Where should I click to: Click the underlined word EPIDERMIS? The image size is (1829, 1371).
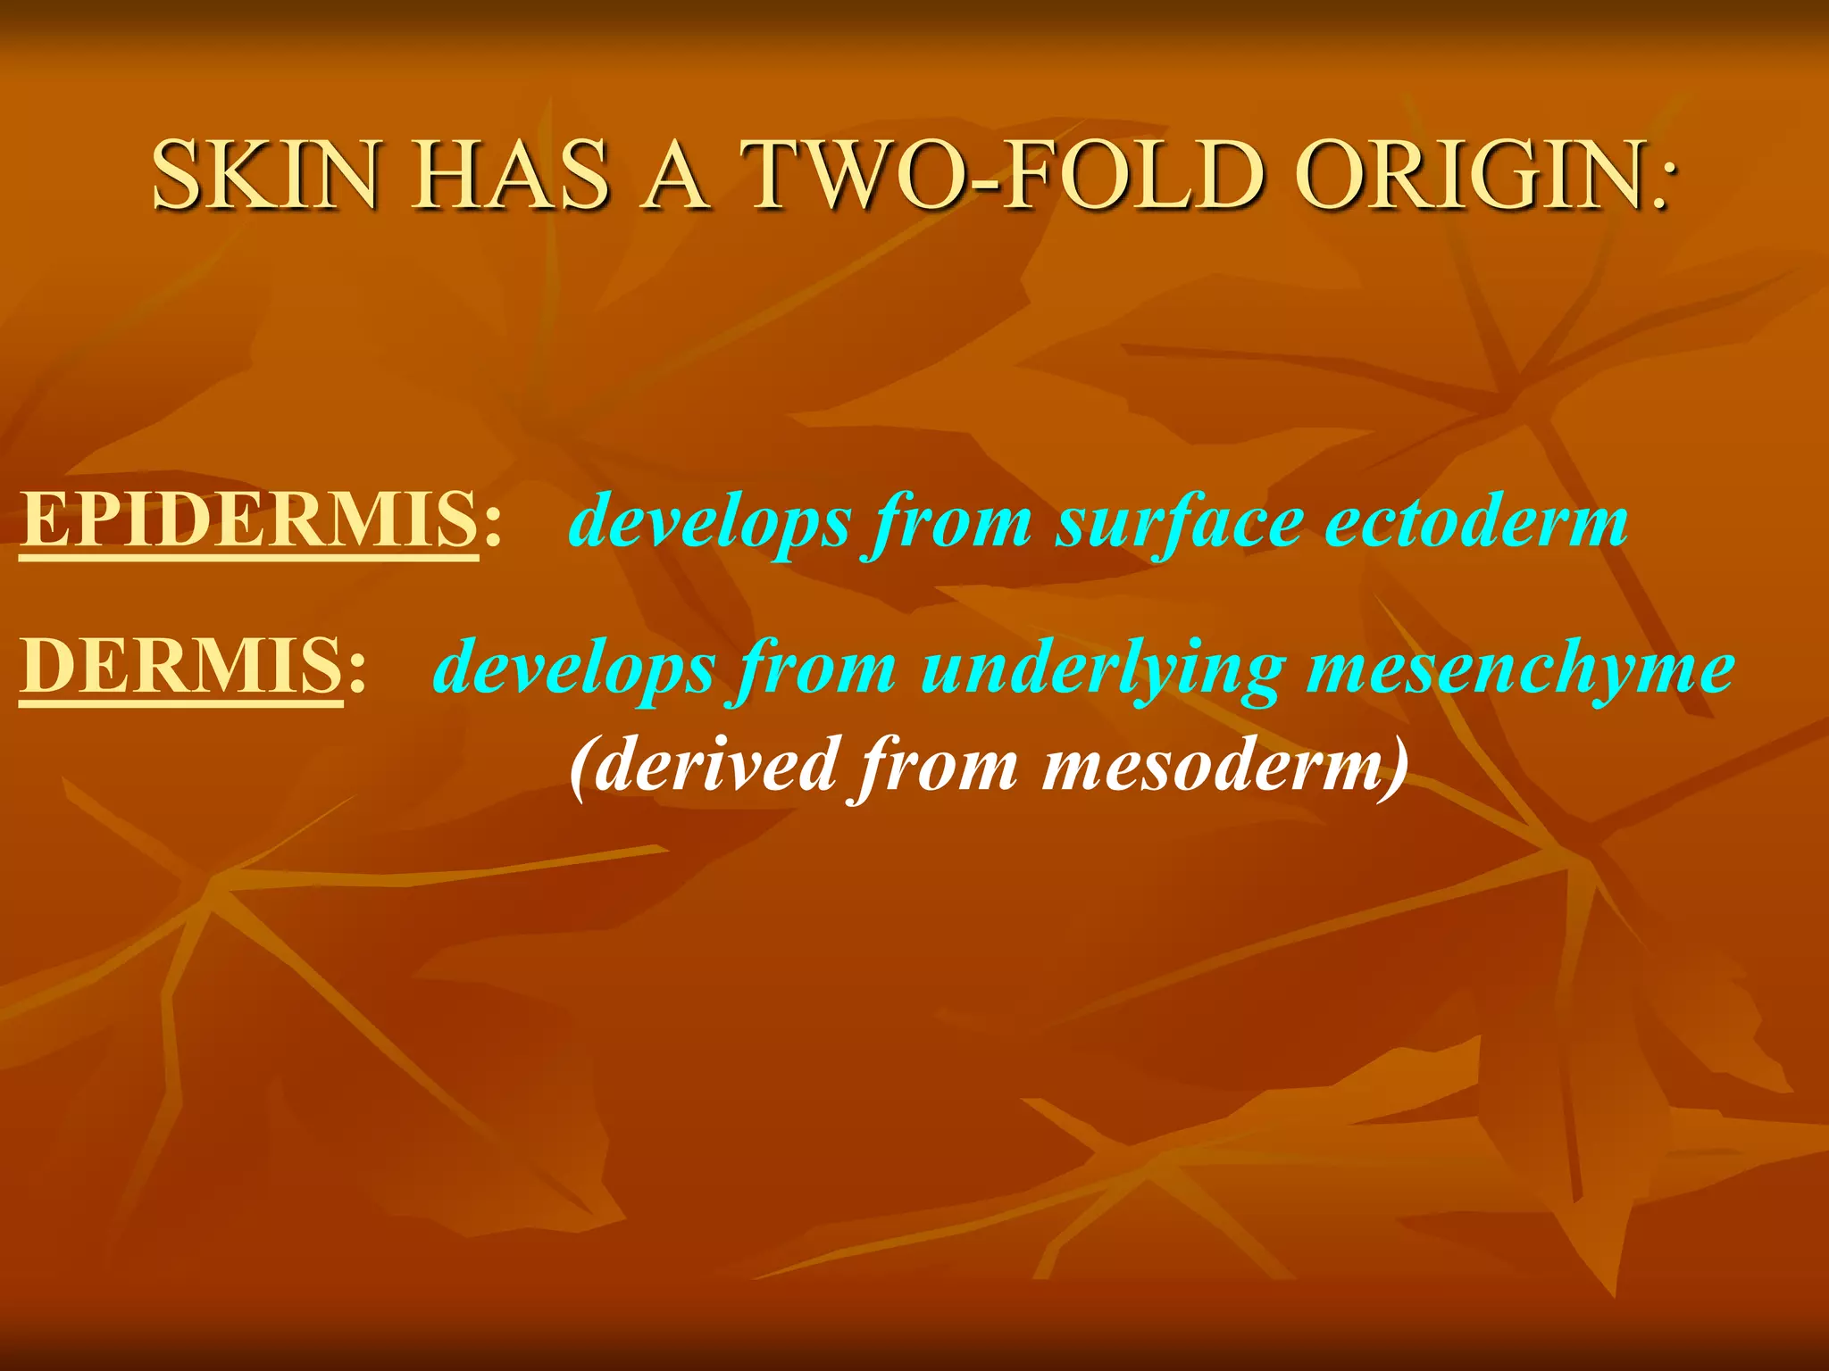(249, 519)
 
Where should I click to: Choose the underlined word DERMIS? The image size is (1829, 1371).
(180, 666)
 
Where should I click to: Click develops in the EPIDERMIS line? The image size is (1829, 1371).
(710, 523)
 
